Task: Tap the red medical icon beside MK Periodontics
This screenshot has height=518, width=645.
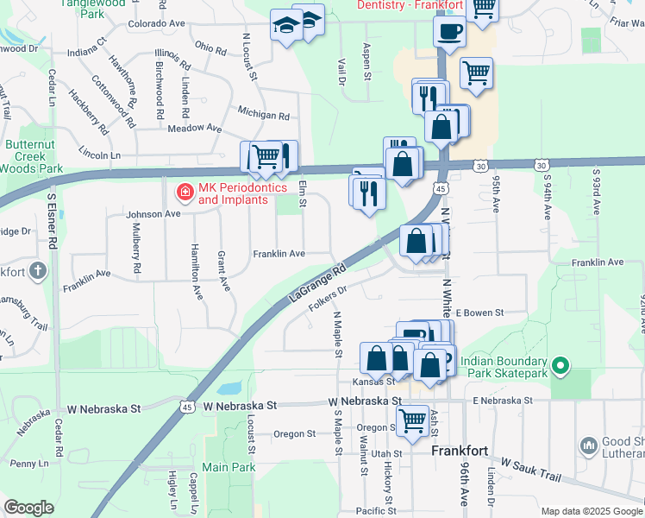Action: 184,192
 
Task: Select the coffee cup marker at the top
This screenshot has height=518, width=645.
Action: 449,33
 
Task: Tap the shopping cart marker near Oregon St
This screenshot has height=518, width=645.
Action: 413,420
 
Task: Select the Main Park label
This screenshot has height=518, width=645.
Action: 229,467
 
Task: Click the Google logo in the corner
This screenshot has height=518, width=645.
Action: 28,507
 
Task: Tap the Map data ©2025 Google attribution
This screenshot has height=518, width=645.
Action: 591,511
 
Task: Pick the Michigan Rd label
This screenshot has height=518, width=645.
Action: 263,115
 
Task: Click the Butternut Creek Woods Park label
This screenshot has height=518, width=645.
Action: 33,156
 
